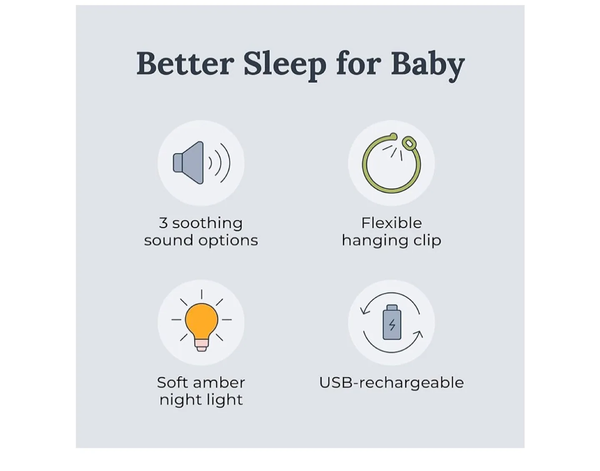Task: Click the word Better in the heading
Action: click(x=185, y=64)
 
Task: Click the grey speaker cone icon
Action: click(x=190, y=163)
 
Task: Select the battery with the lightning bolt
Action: click(x=392, y=323)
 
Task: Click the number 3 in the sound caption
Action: click(x=163, y=223)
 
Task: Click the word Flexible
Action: click(x=391, y=223)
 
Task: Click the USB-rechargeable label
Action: click(x=391, y=383)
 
